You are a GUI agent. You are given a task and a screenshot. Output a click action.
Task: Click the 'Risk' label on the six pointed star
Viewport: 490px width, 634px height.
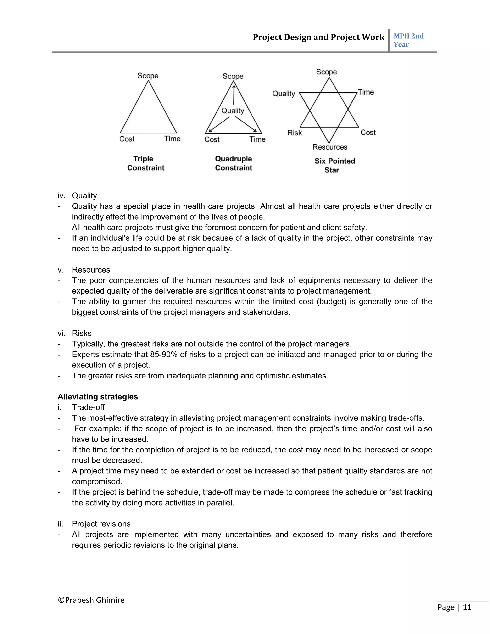(x=294, y=133)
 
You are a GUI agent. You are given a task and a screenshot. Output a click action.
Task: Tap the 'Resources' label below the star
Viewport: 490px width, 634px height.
(x=330, y=147)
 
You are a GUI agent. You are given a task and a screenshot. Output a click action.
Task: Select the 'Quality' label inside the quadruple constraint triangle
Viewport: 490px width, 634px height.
(x=233, y=111)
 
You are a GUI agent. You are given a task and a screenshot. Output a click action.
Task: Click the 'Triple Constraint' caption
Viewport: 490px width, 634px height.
(x=145, y=163)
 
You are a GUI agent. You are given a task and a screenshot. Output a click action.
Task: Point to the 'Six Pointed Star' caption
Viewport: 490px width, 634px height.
(x=334, y=166)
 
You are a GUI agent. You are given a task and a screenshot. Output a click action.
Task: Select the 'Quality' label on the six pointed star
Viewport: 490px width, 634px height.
(x=283, y=94)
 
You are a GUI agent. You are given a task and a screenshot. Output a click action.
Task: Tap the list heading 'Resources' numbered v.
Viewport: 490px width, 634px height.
(x=91, y=270)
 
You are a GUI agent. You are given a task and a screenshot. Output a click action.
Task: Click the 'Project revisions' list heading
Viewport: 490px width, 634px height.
(x=101, y=524)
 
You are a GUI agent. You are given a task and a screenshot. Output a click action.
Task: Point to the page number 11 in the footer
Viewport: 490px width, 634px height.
(x=467, y=607)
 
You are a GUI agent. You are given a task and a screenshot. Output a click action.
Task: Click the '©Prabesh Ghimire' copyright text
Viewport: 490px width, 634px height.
(x=91, y=600)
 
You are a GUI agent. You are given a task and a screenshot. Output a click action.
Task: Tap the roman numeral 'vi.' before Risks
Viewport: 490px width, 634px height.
(x=61, y=333)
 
